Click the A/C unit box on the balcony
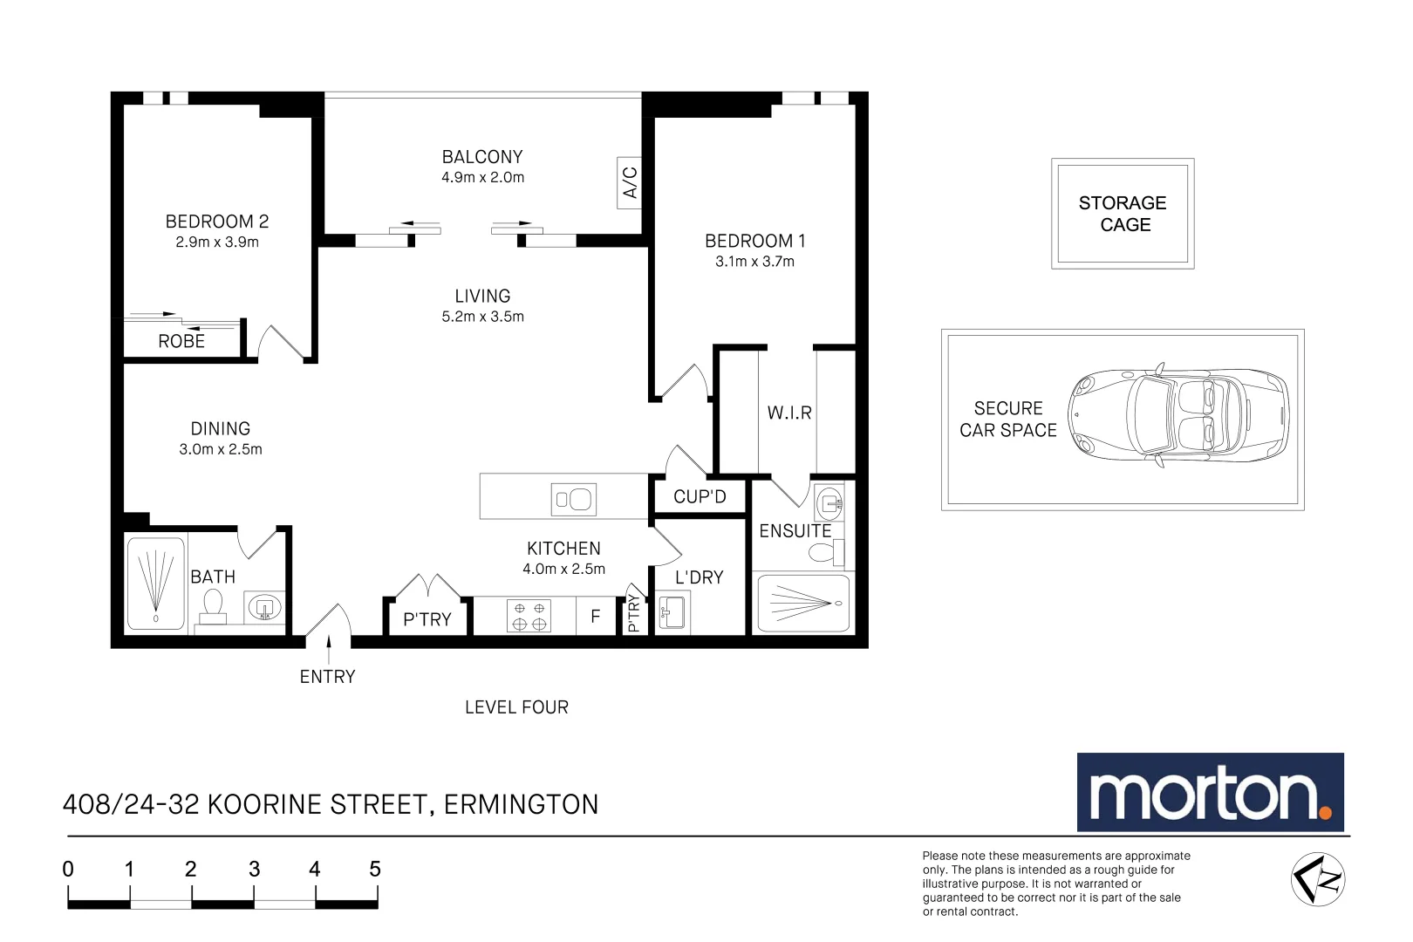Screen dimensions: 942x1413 pos(629,183)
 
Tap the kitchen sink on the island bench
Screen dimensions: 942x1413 pos(574,500)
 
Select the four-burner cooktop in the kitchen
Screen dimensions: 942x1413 pos(529,616)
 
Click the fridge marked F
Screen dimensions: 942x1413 pos(596,617)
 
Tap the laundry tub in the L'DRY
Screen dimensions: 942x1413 pos(672,612)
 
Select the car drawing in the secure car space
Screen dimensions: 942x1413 pos(1179,414)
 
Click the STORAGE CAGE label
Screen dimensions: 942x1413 pos(1123,214)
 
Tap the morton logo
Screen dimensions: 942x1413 pos(1210,793)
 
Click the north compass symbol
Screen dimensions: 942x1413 pos(1318,879)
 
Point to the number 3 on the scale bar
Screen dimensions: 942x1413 pos(254,870)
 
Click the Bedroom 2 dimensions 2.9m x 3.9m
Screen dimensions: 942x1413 pos(217,242)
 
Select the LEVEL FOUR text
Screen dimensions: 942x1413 pos(516,707)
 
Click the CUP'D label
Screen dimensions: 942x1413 pos(700,497)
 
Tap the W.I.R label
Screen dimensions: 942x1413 pos(789,413)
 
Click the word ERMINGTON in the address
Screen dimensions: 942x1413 pos(521,804)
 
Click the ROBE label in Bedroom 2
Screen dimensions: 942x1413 pos(181,342)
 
